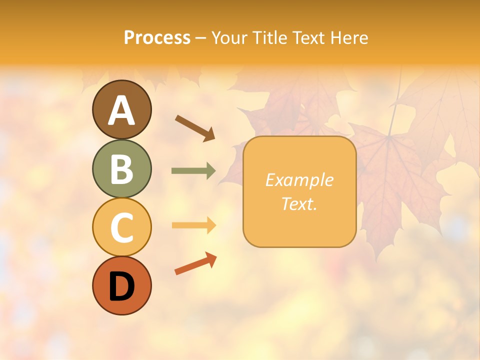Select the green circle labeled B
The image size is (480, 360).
(x=121, y=168)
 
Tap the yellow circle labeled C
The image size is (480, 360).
(x=121, y=227)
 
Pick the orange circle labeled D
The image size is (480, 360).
(x=121, y=286)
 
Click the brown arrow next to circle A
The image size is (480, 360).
(x=195, y=127)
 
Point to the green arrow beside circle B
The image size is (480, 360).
(x=193, y=171)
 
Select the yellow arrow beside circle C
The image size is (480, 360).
(x=193, y=225)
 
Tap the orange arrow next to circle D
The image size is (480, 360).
(x=195, y=264)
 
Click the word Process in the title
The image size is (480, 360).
(x=157, y=38)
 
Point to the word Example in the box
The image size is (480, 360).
(x=299, y=180)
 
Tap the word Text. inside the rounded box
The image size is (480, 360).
(x=299, y=203)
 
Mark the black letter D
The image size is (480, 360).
(x=121, y=287)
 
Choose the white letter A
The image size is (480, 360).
(x=121, y=110)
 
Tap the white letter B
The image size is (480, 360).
(x=121, y=169)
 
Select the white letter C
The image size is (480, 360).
(x=121, y=228)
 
